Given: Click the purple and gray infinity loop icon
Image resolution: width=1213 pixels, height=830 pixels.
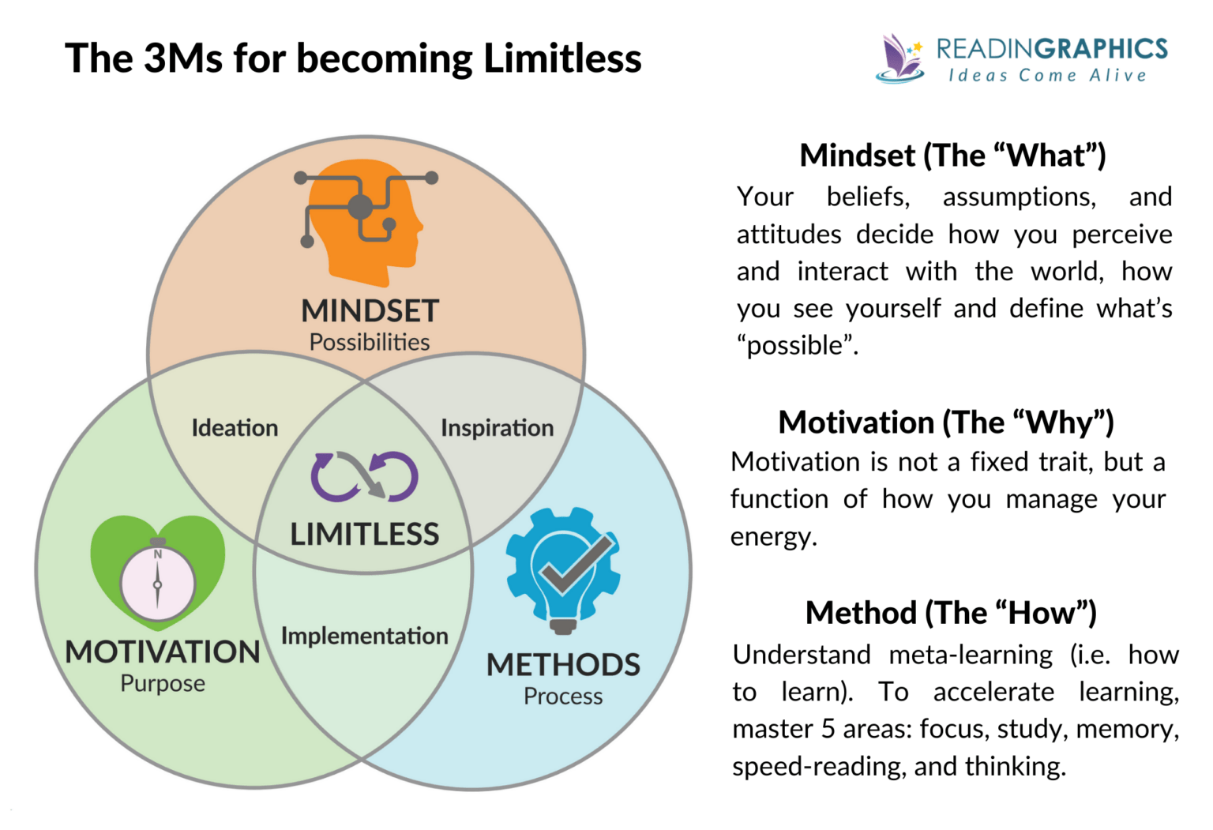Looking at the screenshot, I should click(x=364, y=477).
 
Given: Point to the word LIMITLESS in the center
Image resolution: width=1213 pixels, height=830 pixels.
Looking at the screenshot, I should click(x=364, y=535).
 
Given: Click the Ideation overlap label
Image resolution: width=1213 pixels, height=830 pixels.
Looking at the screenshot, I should click(x=235, y=428).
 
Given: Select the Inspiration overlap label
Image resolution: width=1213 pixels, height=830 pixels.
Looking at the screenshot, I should click(x=497, y=428).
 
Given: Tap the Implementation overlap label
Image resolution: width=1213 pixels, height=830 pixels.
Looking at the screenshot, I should click(x=364, y=636).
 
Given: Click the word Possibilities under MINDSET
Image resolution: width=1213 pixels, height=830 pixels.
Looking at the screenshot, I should click(x=369, y=343).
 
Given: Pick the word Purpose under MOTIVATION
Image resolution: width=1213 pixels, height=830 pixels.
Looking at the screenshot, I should click(x=163, y=684).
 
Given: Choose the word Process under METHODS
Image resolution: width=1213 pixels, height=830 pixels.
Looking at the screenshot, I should click(x=563, y=697).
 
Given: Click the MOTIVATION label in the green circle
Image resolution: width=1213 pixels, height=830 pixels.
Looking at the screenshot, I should click(x=163, y=652).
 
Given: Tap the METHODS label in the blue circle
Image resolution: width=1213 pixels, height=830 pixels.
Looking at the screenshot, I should click(x=563, y=665).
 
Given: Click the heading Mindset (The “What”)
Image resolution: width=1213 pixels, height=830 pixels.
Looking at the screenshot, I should click(x=952, y=156).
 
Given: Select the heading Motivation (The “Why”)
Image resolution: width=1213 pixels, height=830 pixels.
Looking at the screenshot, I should click(x=946, y=423).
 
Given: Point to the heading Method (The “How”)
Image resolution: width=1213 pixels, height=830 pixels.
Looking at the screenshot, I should click(x=951, y=613).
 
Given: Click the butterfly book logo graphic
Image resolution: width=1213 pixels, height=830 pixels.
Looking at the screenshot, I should click(x=900, y=58).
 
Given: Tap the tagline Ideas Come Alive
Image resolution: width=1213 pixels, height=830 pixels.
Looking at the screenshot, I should click(x=1047, y=76).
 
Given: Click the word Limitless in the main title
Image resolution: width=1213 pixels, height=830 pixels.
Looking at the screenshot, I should click(x=562, y=58).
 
